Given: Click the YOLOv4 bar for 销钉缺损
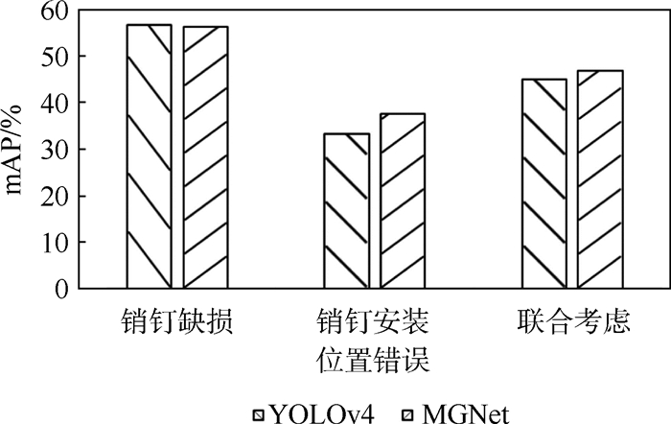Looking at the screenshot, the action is tap(149, 156).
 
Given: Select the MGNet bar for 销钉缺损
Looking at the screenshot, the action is tap(205, 157).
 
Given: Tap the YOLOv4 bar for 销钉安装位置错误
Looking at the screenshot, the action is tap(347, 211).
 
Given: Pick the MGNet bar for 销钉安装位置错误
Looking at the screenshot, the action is tap(403, 200).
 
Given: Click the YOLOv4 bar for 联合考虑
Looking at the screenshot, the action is tap(544, 184).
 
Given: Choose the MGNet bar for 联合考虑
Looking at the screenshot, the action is tap(600, 179).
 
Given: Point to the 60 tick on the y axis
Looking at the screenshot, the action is tap(55, 12).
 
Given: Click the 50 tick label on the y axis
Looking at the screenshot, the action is tap(55, 56).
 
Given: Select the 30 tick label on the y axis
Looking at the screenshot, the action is tap(55, 149).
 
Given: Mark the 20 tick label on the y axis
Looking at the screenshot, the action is tap(55, 196).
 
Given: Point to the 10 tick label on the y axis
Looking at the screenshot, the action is tap(55, 242).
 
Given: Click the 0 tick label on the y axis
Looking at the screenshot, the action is tap(61, 289).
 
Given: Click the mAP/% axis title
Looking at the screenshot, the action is tap(13, 149).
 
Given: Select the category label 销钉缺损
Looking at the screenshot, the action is tap(176, 321).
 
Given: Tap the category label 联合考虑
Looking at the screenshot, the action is tap(573, 321).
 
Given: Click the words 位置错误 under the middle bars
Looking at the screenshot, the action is tap(373, 359).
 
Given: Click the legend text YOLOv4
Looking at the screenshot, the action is tap(323, 414).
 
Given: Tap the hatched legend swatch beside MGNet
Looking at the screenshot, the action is tap(408, 415).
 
